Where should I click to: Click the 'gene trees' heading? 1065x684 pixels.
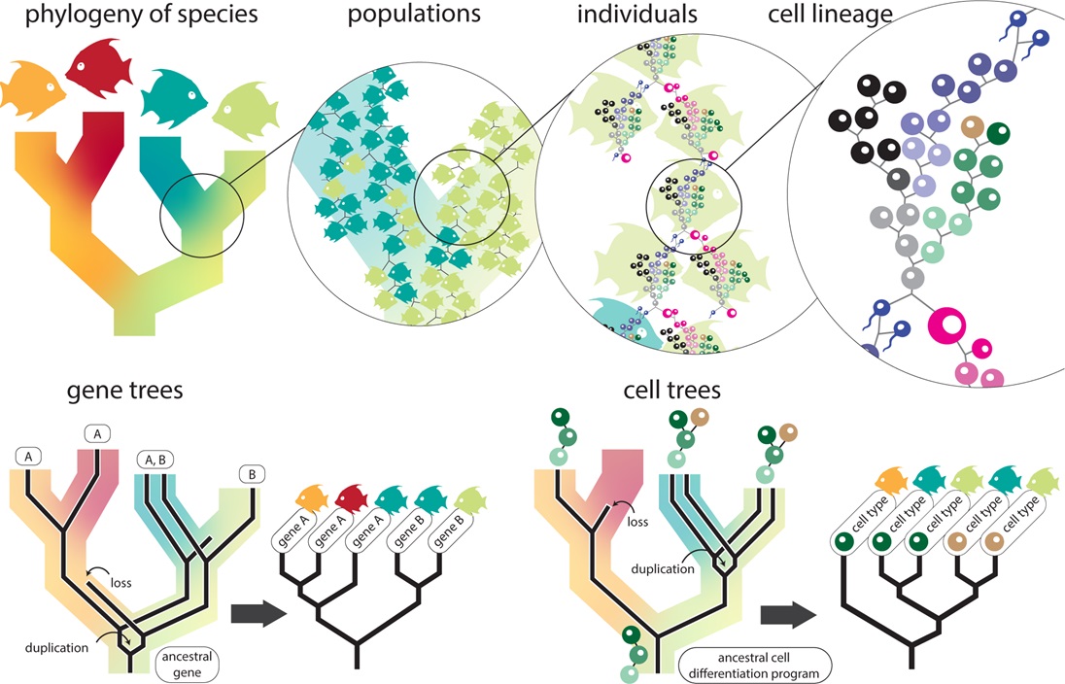[x=125, y=392]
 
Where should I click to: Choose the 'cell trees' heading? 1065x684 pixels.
[x=673, y=392]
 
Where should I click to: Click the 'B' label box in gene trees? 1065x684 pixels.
[x=253, y=475]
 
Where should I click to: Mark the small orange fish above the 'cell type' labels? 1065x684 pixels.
[x=893, y=479]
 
